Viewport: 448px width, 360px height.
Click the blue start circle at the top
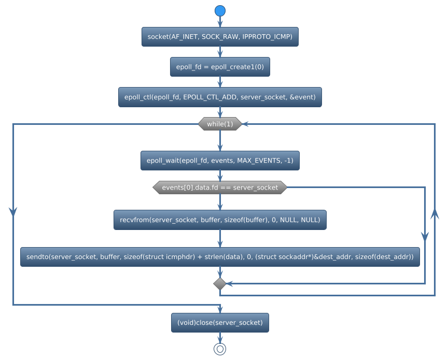pos(220,11)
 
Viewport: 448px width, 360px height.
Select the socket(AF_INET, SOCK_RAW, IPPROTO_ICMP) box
pos(220,37)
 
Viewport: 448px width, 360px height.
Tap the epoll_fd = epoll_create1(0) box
pos(220,67)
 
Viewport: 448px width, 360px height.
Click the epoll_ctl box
pos(220,97)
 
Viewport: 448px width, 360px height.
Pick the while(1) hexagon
pos(220,124)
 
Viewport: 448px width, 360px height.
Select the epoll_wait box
pos(220,161)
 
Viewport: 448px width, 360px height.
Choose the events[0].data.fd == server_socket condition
pos(220,188)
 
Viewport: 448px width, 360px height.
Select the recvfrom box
pos(220,220)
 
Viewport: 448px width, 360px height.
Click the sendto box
pos(220,257)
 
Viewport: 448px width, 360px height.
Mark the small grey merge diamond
pos(220,283)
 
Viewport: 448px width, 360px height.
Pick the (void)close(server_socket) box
pos(220,323)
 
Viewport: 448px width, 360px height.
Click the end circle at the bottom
pos(220,349)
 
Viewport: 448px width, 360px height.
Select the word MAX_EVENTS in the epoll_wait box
pos(256,161)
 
